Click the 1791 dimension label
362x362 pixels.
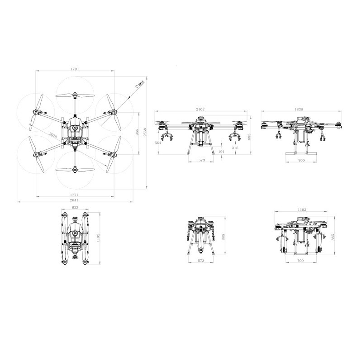[75, 69]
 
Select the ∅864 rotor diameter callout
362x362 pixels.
[139, 84]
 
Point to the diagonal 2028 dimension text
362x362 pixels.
[53, 135]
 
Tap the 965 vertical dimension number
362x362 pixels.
[138, 132]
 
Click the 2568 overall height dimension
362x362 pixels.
[145, 132]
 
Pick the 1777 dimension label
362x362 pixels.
[74, 195]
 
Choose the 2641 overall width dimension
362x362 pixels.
[74, 200]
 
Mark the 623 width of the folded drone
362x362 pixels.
[75, 207]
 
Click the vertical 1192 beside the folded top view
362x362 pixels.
[98, 238]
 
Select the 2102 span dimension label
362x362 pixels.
[200, 109]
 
